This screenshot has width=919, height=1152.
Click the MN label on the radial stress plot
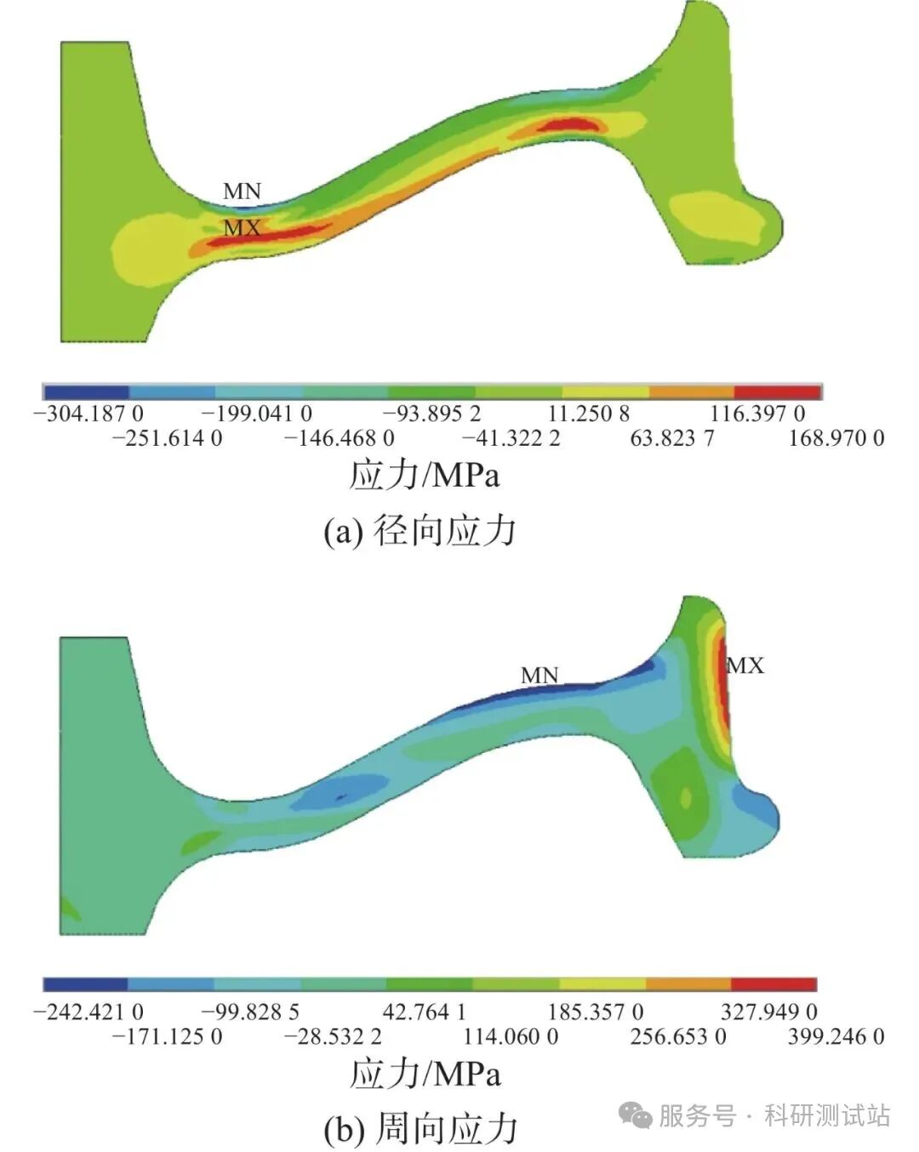(242, 191)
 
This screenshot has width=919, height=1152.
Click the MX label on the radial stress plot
(242, 228)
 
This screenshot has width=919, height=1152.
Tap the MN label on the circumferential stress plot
(539, 676)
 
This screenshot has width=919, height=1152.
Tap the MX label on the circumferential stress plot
(746, 666)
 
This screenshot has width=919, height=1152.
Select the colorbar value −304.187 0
(88, 414)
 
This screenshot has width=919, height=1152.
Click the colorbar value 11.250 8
(589, 414)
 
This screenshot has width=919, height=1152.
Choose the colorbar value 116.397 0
(757, 414)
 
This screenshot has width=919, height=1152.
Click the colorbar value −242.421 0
(88, 1012)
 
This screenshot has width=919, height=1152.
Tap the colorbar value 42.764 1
(425, 1012)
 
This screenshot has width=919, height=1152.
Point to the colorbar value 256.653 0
(678, 1036)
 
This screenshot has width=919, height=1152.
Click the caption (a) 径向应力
(420, 532)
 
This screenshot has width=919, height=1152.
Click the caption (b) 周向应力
(420, 1129)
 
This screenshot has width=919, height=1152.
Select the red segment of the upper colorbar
(778, 392)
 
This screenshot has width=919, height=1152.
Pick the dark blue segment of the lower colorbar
(85, 984)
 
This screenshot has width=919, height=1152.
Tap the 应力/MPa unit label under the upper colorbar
(425, 475)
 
